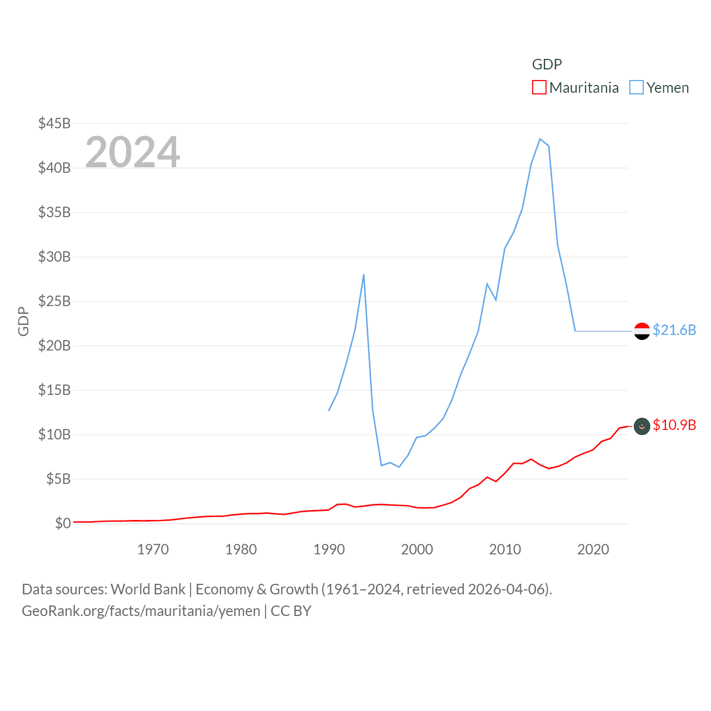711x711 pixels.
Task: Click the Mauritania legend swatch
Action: tap(539, 88)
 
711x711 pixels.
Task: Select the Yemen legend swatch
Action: tap(637, 88)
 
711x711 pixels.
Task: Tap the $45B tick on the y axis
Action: tap(54, 123)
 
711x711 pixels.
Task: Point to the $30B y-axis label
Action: tap(54, 257)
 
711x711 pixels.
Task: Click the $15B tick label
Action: tap(54, 390)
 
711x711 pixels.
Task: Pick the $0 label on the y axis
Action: tap(63, 523)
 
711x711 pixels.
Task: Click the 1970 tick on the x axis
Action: tap(153, 549)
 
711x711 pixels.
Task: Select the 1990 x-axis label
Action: tap(329, 549)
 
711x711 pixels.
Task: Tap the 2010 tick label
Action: tap(505, 549)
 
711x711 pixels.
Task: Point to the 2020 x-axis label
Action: tap(593, 549)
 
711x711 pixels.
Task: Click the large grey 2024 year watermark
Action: tap(133, 152)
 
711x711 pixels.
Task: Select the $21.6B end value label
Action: tap(674, 330)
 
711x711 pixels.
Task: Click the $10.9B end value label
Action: tap(674, 425)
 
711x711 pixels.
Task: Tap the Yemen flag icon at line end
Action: tap(642, 331)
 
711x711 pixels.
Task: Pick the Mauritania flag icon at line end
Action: tap(642, 426)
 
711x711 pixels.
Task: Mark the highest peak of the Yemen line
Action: tap(540, 139)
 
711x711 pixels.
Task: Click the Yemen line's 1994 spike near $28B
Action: tap(364, 274)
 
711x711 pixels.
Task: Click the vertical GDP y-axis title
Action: tap(23, 321)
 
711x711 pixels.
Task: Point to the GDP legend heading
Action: tap(547, 64)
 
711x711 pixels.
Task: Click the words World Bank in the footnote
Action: tap(148, 589)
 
